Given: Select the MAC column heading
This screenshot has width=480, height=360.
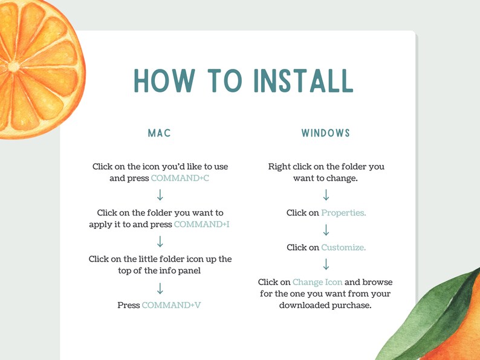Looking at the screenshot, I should (160, 133).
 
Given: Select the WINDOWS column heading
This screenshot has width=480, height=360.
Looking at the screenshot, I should (326, 133).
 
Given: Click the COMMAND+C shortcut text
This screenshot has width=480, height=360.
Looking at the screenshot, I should (180, 178).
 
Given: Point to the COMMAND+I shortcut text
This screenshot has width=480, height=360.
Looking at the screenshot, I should (201, 224).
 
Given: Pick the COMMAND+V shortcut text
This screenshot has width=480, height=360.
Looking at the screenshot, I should (171, 305).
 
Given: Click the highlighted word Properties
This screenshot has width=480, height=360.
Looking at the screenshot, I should (343, 213).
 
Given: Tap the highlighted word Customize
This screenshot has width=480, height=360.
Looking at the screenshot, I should (343, 247).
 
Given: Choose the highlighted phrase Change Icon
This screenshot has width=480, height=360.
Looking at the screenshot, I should (317, 282).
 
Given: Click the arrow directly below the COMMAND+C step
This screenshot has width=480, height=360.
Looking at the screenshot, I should (160, 195).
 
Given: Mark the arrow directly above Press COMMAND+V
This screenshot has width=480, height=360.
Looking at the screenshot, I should (160, 288).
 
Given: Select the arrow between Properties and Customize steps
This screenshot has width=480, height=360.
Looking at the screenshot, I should (326, 230).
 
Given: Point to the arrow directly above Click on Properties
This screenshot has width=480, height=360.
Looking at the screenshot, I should (326, 195).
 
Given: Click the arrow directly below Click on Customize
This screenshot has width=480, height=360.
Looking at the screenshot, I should (326, 264).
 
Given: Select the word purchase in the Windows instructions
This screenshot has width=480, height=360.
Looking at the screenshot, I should (350, 305).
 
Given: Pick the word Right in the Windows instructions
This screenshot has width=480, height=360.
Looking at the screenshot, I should (280, 166).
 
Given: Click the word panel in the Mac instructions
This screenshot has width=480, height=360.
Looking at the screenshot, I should (189, 270).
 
